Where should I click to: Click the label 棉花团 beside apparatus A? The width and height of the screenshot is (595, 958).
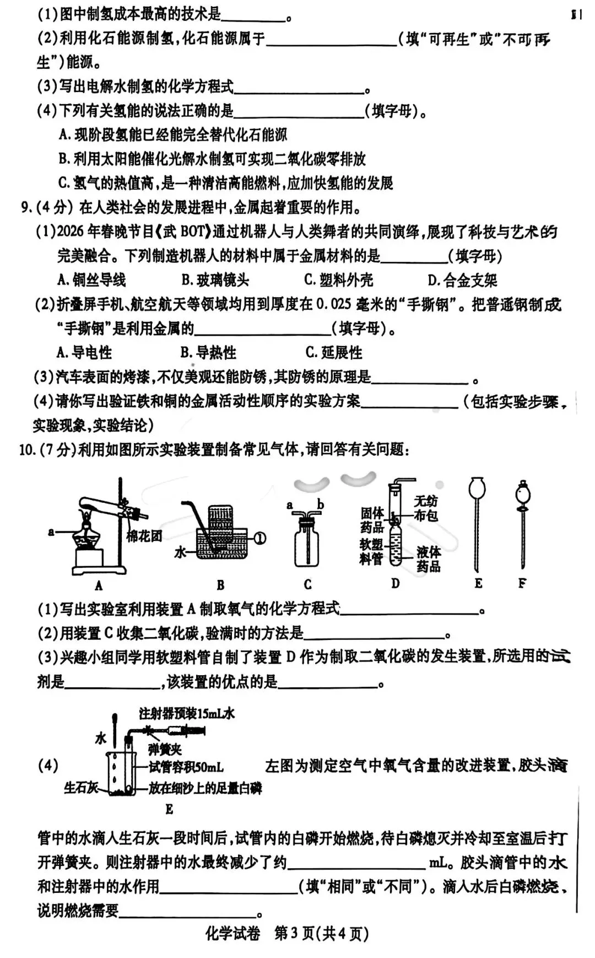[144, 536]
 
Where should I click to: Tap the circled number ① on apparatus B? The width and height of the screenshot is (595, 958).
[259, 537]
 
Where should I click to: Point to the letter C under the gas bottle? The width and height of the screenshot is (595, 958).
[307, 584]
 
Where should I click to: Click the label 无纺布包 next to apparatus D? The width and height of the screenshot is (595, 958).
[426, 508]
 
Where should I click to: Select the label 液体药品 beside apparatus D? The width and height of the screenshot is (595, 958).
[428, 559]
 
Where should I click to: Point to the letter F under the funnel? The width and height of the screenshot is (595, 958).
[522, 583]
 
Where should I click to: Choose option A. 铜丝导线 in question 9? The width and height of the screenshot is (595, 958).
[91, 280]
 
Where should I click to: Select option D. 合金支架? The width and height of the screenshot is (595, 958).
[462, 280]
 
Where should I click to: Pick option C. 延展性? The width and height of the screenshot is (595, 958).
[334, 353]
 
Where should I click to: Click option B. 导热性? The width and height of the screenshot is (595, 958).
[208, 353]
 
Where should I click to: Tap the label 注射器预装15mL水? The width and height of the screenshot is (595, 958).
[187, 714]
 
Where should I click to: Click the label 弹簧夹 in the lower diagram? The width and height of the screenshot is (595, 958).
[165, 749]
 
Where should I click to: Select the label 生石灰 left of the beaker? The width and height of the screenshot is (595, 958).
[80, 788]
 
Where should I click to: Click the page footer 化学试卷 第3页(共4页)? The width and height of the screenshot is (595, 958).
[287, 933]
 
